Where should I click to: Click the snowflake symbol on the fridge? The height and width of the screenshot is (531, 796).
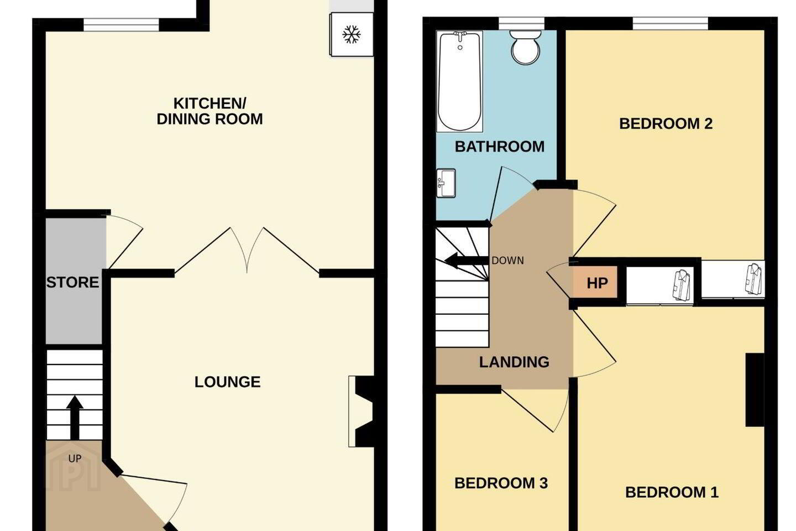point(351,34)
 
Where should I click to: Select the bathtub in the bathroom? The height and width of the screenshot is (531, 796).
point(459,81)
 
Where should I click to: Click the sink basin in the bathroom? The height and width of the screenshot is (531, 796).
point(446,183)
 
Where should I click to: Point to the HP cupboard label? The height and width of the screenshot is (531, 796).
point(598,283)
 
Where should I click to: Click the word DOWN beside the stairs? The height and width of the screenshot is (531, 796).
point(507,261)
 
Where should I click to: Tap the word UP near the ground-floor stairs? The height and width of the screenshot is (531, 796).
point(75,459)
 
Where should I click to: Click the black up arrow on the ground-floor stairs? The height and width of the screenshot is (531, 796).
point(75,418)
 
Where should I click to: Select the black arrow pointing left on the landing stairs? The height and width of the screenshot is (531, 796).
point(466,261)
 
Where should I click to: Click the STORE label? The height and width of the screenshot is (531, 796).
point(73,283)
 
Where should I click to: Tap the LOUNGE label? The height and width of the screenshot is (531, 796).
point(227,382)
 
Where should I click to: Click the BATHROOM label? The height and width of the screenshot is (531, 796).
point(500,147)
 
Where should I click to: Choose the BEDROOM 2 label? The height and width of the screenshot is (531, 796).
point(666,124)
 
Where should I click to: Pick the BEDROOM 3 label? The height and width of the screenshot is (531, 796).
point(501,483)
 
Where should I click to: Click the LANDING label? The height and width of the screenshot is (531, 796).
point(514,362)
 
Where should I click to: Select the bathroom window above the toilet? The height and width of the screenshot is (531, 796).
point(521,23)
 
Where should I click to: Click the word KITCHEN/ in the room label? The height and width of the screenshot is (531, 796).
point(210,103)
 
